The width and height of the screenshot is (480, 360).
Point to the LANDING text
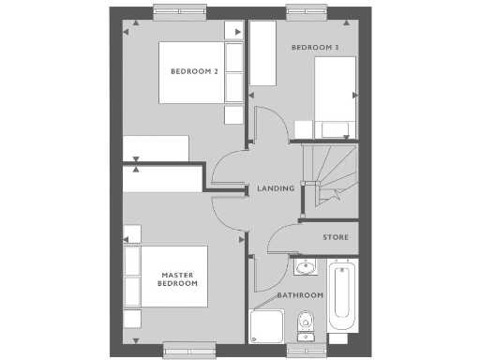[276, 188]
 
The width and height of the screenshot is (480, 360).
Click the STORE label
[335, 237]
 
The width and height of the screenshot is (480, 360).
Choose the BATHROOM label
[300, 295]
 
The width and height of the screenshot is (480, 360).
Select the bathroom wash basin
[304, 270]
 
